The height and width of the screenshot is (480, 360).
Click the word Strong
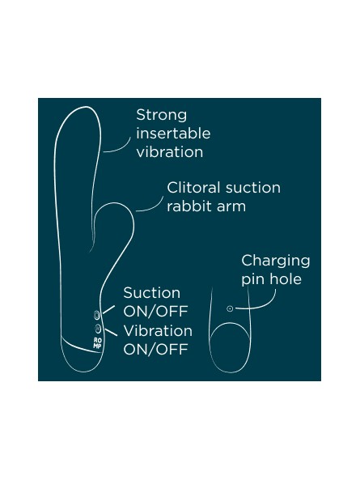coord(162,116)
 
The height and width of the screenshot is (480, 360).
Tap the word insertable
coord(173,134)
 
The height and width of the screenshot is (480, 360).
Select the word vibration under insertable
coord(170,152)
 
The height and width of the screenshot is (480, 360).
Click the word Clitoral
coord(193,188)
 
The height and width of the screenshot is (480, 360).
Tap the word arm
coord(231,207)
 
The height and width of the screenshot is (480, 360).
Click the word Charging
coord(276,261)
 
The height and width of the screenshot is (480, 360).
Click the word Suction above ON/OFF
coord(152,293)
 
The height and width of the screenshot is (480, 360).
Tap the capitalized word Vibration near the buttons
coord(158,330)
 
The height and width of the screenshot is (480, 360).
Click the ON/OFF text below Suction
coord(155,312)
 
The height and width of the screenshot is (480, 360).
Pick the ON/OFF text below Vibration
coord(155,350)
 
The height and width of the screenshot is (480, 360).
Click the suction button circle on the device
coord(96,315)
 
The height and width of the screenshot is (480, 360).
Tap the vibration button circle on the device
coord(98,328)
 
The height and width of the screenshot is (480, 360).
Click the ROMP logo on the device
coord(97,343)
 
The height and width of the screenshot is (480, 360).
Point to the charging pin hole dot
coord(230,308)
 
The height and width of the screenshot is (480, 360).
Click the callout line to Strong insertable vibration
coord(117,147)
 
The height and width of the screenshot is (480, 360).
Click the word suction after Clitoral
coord(252,188)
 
